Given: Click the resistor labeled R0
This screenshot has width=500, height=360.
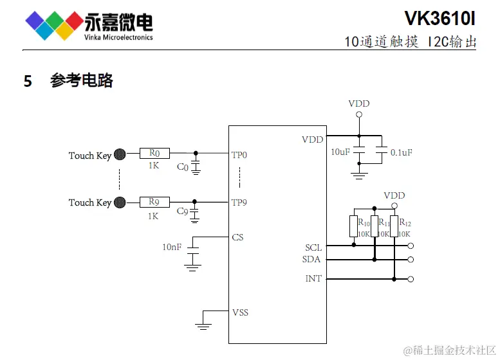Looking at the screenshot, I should tap(154, 154).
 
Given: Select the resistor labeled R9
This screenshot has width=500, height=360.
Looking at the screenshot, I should tap(154, 202).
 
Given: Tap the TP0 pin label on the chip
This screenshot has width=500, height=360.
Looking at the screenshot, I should tap(239, 155).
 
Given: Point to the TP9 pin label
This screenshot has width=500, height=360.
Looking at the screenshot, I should tap(239, 203).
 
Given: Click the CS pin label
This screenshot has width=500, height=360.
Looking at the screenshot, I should tap(237, 237).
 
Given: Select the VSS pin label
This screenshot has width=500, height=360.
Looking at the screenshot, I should tap(240, 312).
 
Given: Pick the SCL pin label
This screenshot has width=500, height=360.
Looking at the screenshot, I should tap(313, 248).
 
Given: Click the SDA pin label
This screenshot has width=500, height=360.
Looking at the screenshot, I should tap(312, 260).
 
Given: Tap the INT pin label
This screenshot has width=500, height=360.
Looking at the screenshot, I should tap(313, 278).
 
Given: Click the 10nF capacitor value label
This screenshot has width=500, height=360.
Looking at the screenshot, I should tap(172, 247).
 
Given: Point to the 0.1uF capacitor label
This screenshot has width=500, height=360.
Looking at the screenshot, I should tap(401, 152).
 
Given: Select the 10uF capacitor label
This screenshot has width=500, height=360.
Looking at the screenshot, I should tap(340, 152).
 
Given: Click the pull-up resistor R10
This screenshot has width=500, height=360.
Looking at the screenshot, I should tap(353, 226).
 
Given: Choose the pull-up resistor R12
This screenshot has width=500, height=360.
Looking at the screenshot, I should tap(394, 226).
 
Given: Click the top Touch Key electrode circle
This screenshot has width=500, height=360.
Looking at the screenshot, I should tap(120, 154).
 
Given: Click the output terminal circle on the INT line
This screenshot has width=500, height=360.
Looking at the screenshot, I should tap(411, 279).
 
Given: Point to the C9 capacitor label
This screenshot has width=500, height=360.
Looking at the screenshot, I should tap(182, 212).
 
